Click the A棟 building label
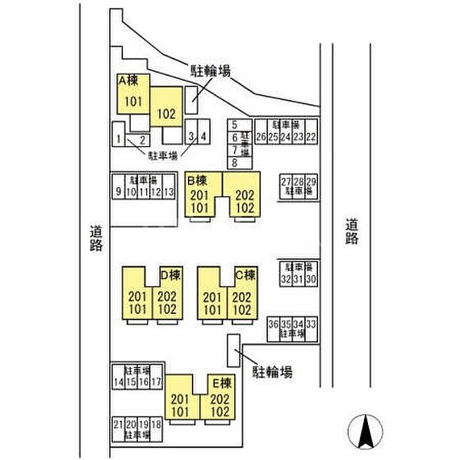point(128,80)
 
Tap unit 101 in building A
point(133,101)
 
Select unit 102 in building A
point(166,113)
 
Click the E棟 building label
point(219,381)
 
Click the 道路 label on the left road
point(97,239)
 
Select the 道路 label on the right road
point(352,231)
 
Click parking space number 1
point(118,139)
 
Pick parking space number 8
point(234,162)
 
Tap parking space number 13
point(170,192)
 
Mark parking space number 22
point(311,137)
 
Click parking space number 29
point(311,182)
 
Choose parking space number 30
point(311,279)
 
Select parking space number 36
point(273,324)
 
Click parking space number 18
point(156,425)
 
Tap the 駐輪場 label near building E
point(273,372)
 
